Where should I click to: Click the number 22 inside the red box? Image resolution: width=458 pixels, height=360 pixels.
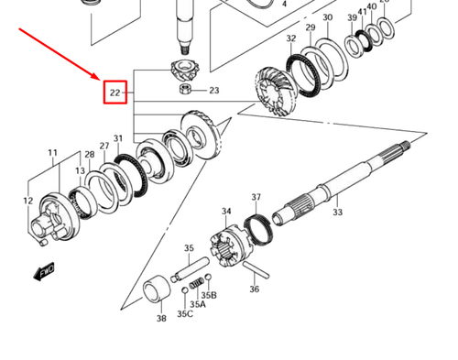point(115,93)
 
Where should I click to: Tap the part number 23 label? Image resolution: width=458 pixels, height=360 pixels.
point(213,91)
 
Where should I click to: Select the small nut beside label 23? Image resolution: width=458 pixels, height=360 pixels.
point(188,89)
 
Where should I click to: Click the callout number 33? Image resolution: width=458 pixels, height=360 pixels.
point(337,212)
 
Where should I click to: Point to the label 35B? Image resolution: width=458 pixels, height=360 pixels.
point(209,295)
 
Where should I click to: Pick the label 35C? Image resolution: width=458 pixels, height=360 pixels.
point(185,314)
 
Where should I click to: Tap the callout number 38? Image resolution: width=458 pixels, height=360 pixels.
point(161,320)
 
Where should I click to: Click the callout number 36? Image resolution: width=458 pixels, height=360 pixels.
point(254,289)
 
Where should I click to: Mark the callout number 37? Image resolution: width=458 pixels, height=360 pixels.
point(256,197)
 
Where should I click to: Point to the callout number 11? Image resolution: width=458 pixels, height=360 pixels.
point(53,153)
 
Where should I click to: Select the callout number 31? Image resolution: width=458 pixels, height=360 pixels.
point(117,138)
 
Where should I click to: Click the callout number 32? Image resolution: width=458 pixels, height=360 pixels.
point(290,38)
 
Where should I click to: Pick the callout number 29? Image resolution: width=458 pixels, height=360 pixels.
point(311,28)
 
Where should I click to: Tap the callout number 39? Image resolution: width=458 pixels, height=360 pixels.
point(352,17)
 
